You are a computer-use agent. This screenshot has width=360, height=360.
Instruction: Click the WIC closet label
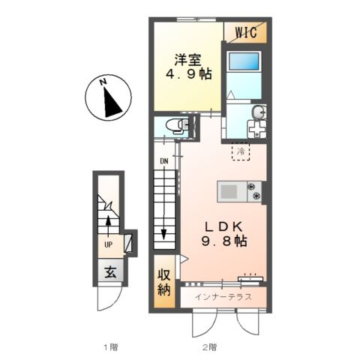click(x=246, y=32)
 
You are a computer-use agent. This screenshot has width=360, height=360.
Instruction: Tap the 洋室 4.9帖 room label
click(x=189, y=67)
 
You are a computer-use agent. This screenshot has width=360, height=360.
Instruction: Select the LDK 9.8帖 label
click(x=224, y=234)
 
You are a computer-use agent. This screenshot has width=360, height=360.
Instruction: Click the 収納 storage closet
click(x=164, y=282)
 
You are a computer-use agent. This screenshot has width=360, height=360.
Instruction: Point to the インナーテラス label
click(x=223, y=297)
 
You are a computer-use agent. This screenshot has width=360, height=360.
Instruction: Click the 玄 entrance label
click(x=110, y=272)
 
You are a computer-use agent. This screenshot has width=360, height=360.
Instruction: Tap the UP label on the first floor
click(x=108, y=244)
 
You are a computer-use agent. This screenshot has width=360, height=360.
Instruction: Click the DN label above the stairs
click(x=164, y=161)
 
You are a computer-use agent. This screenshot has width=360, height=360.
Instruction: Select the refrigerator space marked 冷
click(x=241, y=151)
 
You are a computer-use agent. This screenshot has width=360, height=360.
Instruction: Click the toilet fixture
click(x=177, y=124)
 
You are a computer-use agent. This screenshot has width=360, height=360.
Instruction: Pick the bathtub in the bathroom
click(x=244, y=61)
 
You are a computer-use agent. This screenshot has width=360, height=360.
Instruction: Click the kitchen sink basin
click(x=229, y=192)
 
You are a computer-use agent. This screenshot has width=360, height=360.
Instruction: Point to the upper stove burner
click(x=251, y=186)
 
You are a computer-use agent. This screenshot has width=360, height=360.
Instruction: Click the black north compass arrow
click(x=111, y=102)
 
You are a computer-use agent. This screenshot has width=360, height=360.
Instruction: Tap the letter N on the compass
click(x=103, y=82)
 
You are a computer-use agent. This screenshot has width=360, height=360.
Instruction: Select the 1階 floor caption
click(x=111, y=347)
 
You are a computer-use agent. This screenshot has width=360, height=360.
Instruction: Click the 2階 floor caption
click(x=210, y=347)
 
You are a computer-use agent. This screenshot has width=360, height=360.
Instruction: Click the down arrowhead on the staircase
click(x=163, y=234)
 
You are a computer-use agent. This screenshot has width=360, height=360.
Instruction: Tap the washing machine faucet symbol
click(x=257, y=129)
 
